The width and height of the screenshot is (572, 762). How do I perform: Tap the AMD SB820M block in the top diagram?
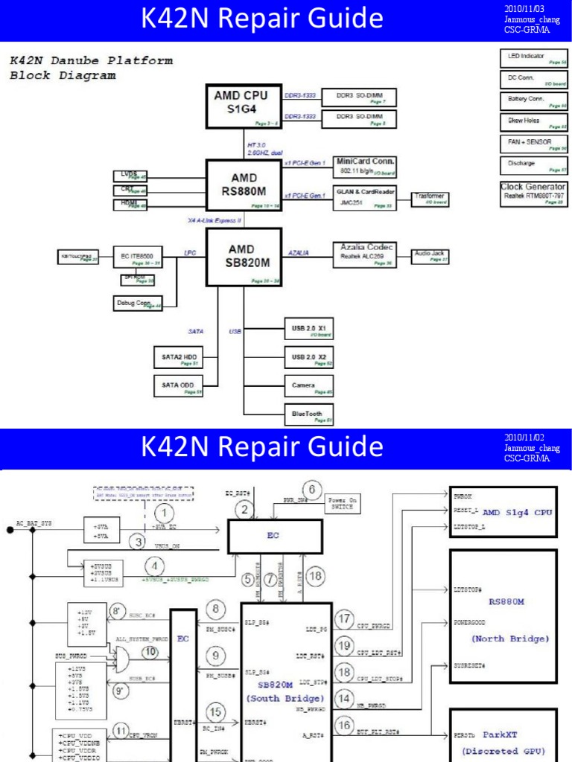244,257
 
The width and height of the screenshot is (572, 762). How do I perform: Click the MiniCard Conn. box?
366,165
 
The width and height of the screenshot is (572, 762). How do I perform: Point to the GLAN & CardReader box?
366,196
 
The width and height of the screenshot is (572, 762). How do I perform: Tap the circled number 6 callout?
312,489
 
